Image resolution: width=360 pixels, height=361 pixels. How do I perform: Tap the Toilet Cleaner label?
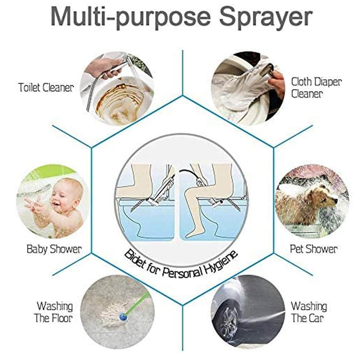click(46, 88)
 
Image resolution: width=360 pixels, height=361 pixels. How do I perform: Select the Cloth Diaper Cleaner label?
click(316, 88)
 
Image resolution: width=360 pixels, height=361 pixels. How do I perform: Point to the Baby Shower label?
click(54, 249)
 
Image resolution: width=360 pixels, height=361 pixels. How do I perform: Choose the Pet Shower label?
click(314, 249)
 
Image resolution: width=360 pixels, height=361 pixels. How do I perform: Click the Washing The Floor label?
click(53, 312)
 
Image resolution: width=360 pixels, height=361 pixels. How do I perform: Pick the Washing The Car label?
click(309, 312)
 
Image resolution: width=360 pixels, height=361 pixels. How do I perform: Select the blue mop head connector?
click(123, 317)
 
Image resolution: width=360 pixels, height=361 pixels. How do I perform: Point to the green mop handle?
click(137, 303)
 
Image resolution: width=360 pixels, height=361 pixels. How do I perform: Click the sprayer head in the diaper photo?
click(269, 69)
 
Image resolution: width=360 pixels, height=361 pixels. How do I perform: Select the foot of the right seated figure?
click(192, 232)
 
